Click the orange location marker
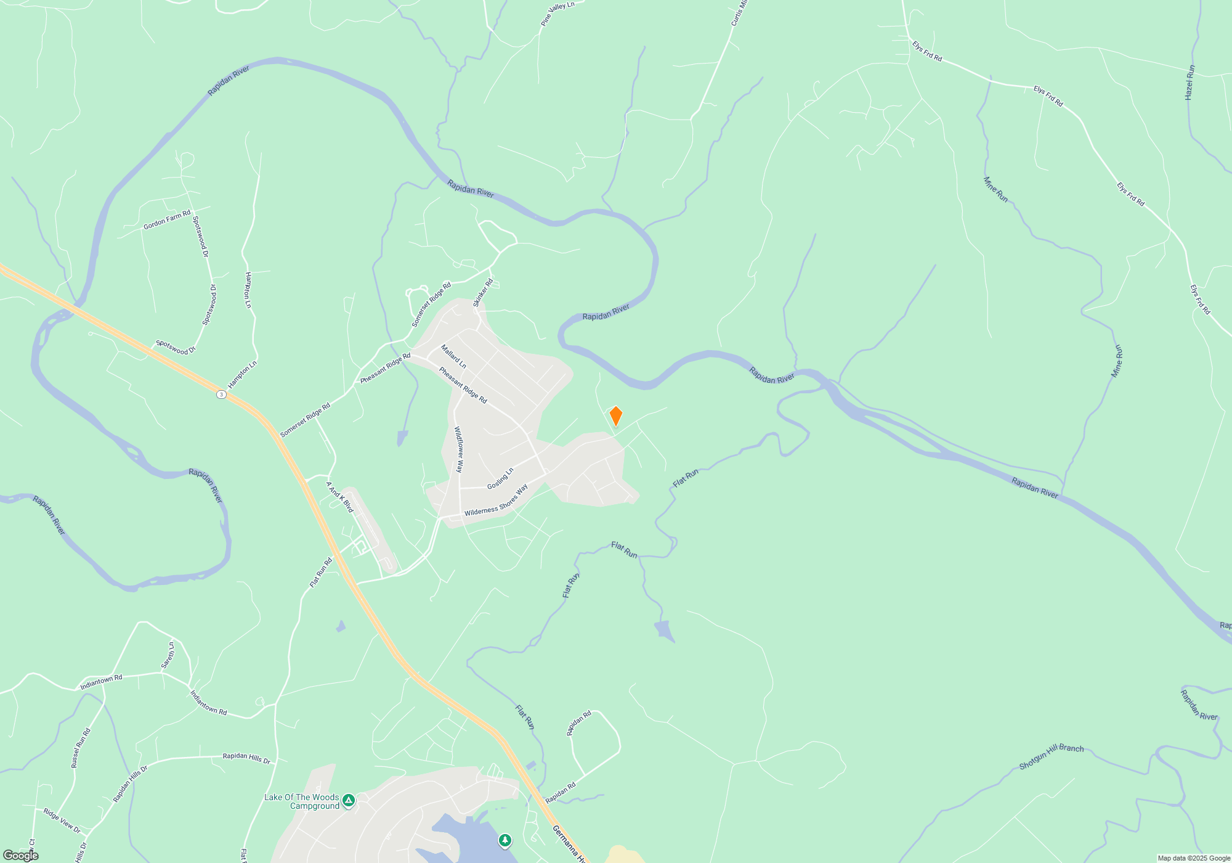[615, 416]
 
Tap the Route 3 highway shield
[221, 394]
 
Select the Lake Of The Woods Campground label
[302, 801]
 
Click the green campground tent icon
[349, 801]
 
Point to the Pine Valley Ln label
[557, 14]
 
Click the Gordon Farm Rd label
[167, 220]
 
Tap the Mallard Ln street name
[453, 357]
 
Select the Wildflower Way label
[459, 449]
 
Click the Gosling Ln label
[500, 479]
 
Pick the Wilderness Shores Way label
[496, 501]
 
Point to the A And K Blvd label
[339, 497]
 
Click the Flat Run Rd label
[321, 572]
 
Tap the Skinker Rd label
[483, 293]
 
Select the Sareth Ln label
[168, 655]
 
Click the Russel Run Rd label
[81, 748]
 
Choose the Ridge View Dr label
[62, 820]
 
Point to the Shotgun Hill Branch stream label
[1051, 756]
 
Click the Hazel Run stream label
[1189, 83]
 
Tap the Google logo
[20, 856]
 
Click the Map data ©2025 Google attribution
[1193, 858]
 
